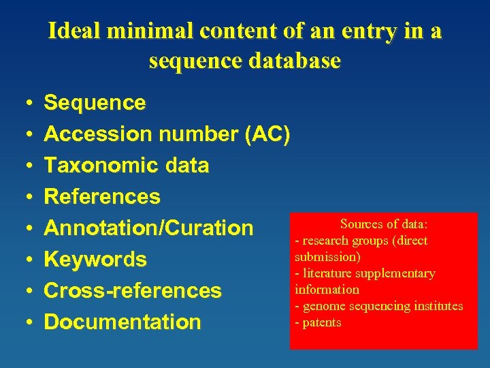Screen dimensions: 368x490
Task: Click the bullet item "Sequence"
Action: pos(95,103)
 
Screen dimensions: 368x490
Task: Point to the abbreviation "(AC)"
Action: pos(267,134)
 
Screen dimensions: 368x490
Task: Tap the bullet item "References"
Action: pos(102,197)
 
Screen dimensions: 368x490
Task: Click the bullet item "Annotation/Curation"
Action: pos(148,228)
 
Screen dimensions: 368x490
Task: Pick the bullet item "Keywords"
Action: pos(95,260)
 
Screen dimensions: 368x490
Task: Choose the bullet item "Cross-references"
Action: pos(133,291)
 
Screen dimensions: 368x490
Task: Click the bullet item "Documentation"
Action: pos(122,322)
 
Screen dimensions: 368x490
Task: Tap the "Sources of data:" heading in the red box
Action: pos(384,224)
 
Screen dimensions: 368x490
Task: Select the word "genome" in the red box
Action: pos(324,307)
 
